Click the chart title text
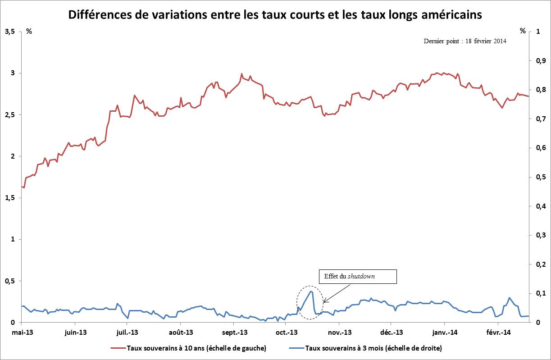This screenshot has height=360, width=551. coord(275,15)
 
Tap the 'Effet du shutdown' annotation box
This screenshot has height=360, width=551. coord(357,277)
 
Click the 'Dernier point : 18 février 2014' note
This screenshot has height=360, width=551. coord(465,41)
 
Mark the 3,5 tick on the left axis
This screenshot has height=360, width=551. coord(9,32)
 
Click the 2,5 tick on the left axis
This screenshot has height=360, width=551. coord(9,115)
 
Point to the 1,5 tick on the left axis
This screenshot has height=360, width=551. coord(9,198)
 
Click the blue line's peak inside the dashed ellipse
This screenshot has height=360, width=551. coord(311,291)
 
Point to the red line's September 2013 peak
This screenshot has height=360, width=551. coord(242,74)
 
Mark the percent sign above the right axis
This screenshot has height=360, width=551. coord(523,31)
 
